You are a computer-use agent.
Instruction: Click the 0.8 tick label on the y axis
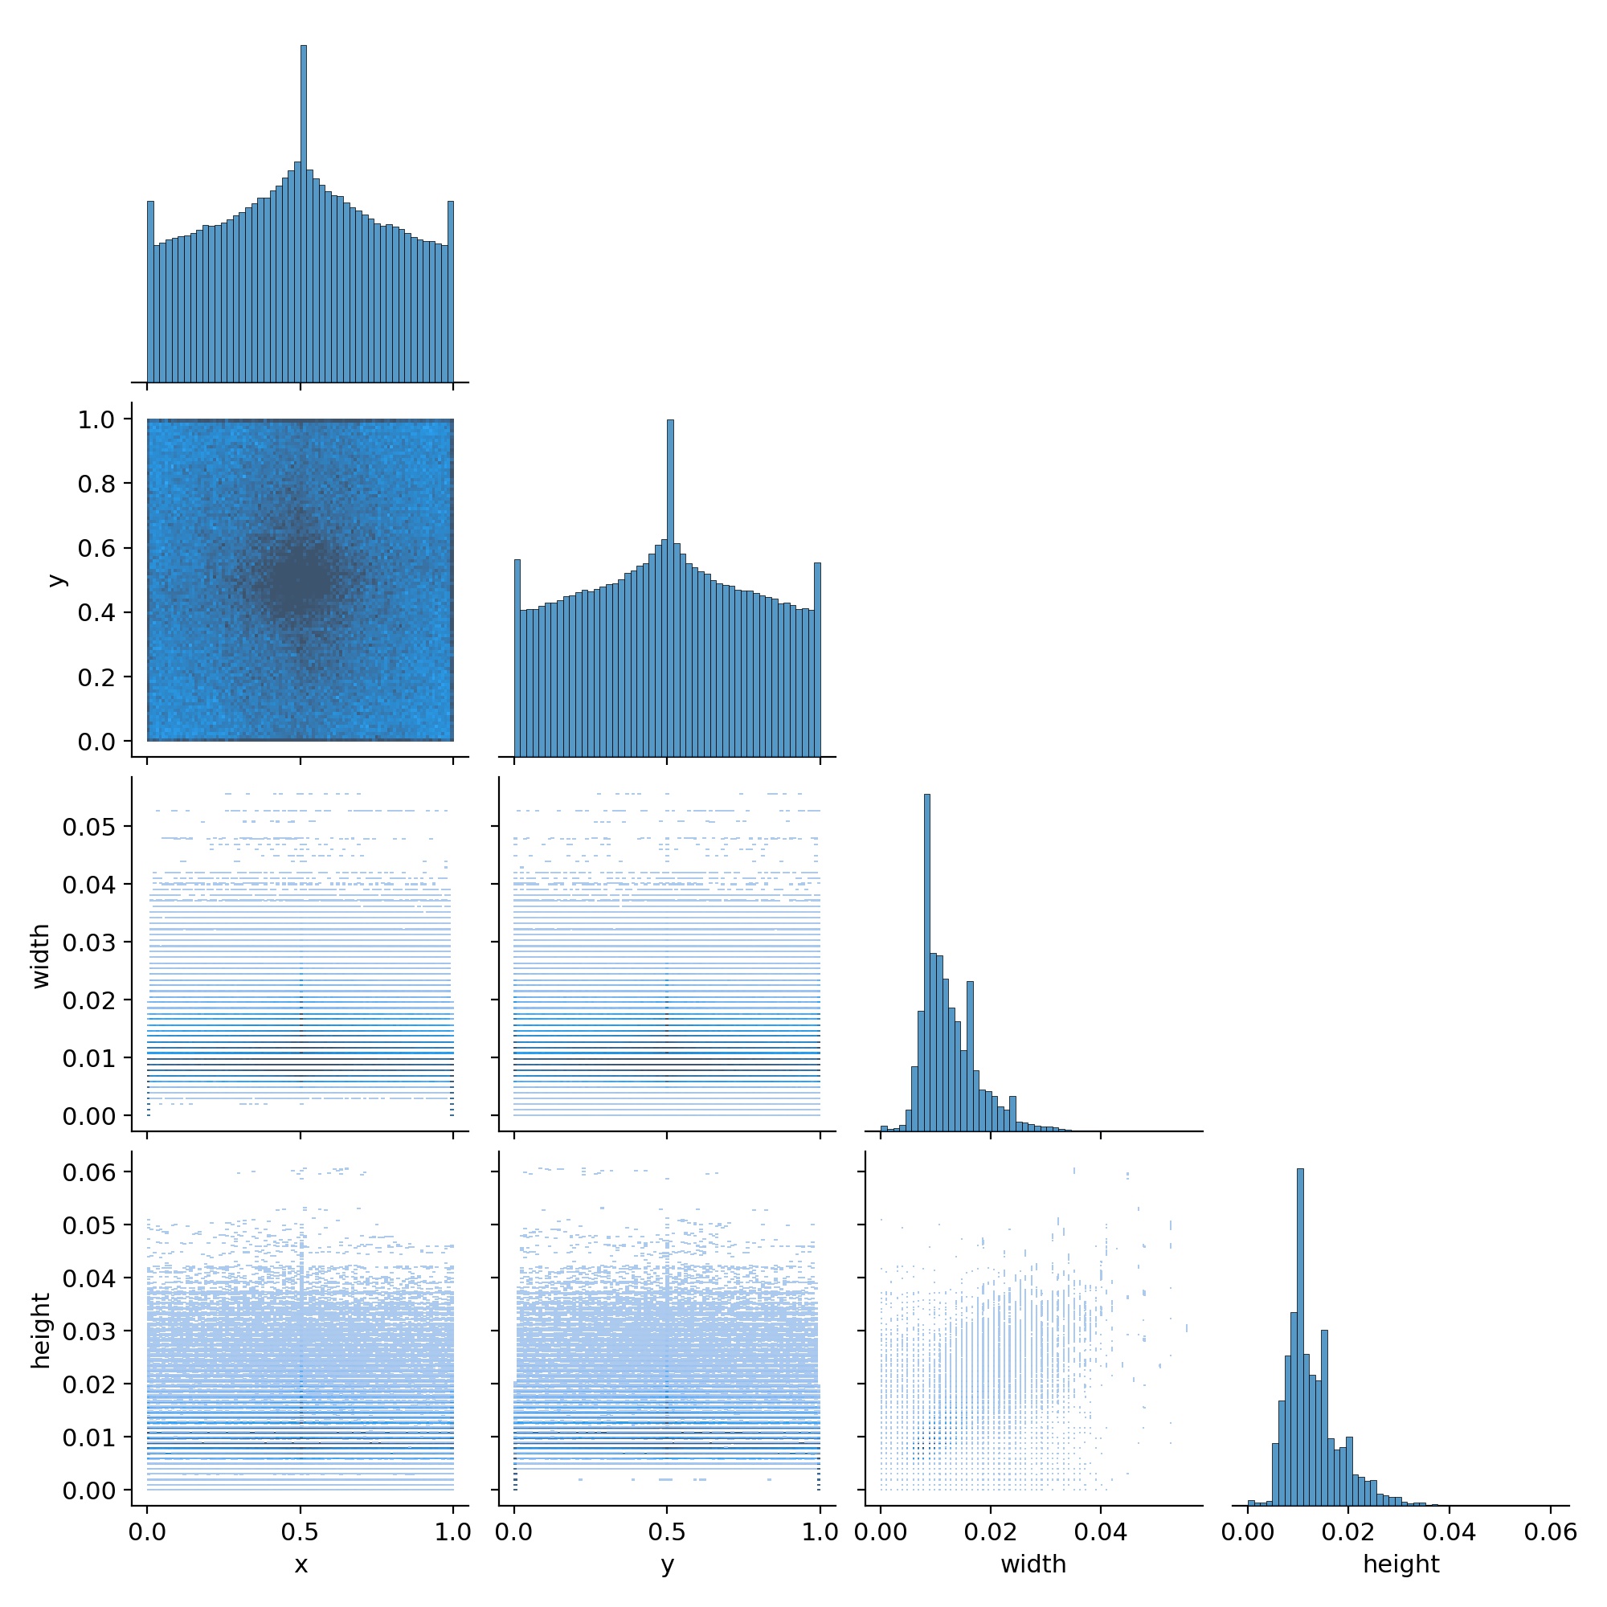click(96, 484)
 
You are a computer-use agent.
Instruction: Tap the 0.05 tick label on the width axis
click(89, 827)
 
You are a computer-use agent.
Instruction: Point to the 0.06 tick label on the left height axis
click(89, 1172)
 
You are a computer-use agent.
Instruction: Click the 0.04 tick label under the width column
click(1101, 1532)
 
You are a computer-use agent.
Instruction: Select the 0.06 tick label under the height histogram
click(1551, 1532)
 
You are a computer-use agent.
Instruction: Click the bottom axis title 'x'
click(301, 1565)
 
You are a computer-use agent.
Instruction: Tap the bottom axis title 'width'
click(1033, 1564)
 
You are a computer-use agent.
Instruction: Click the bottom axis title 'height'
click(1401, 1564)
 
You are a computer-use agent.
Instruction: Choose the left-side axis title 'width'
click(41, 955)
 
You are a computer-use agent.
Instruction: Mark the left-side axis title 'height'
click(41, 1331)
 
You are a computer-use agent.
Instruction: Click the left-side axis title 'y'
click(56, 580)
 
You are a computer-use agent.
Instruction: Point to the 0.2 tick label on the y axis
click(96, 678)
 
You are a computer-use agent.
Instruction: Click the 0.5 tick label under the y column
click(667, 1532)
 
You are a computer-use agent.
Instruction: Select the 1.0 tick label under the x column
click(452, 1532)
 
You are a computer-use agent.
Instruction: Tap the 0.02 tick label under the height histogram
click(1348, 1532)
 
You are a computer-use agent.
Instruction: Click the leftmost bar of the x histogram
click(150, 291)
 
